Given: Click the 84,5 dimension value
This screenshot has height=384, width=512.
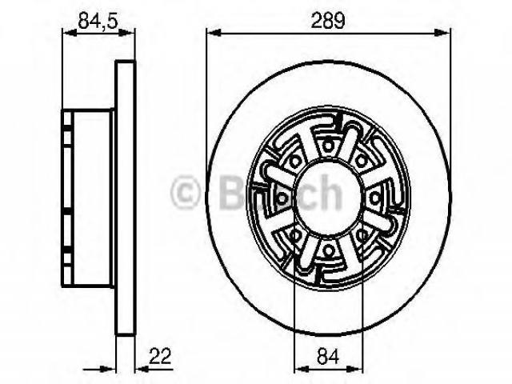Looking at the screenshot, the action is (98, 21).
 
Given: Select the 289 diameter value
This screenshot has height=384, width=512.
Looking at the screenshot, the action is (327, 21).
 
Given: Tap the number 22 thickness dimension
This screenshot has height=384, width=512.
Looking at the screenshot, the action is (160, 356).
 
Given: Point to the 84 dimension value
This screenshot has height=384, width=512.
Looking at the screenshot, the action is (328, 356).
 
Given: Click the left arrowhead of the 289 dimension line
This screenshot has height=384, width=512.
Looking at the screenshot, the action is (214, 33).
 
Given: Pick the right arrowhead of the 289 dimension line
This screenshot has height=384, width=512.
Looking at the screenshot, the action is (442, 33).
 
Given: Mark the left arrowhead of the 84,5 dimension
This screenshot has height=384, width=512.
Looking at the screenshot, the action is (70, 32).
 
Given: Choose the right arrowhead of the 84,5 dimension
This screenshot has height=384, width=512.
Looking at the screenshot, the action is (126, 32).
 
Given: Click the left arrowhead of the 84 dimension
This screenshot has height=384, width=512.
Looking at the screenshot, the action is (302, 370).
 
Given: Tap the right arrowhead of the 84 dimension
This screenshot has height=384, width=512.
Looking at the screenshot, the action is (356, 370).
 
